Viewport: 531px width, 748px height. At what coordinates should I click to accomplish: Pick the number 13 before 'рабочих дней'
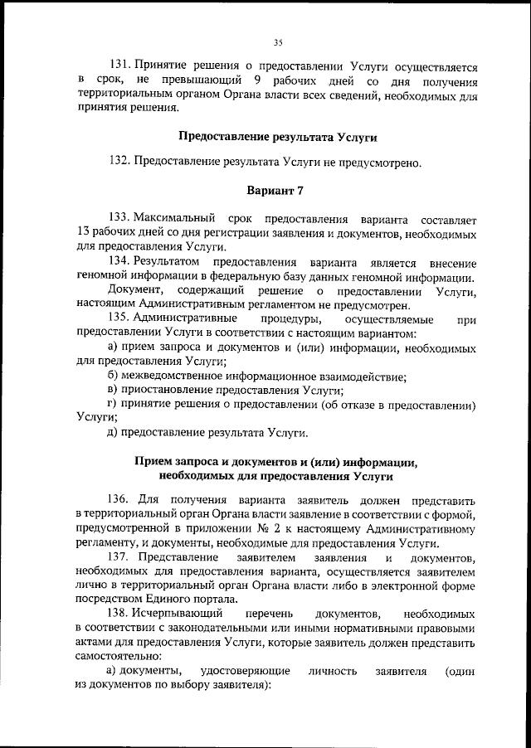(x=81, y=235)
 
